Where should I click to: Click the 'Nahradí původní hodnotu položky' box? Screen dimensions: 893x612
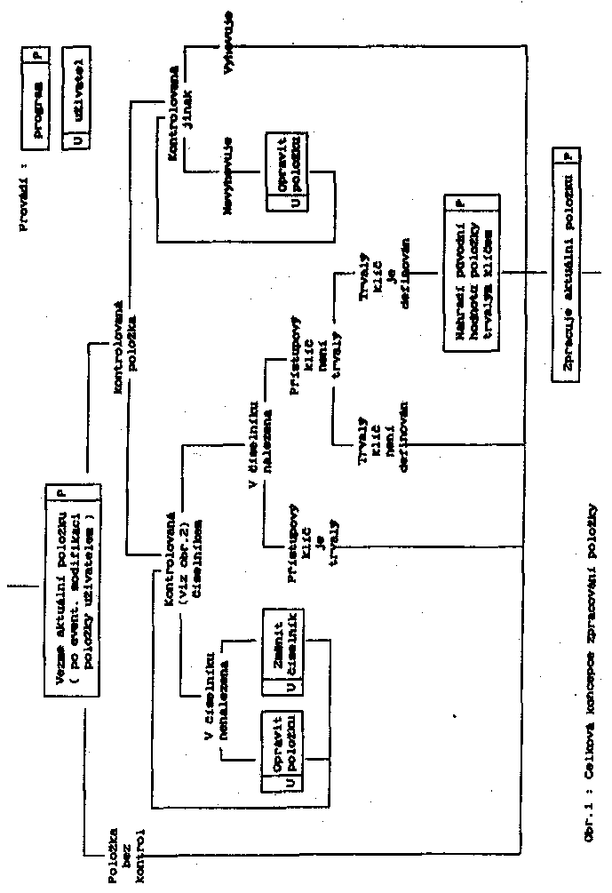coord(466,275)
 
